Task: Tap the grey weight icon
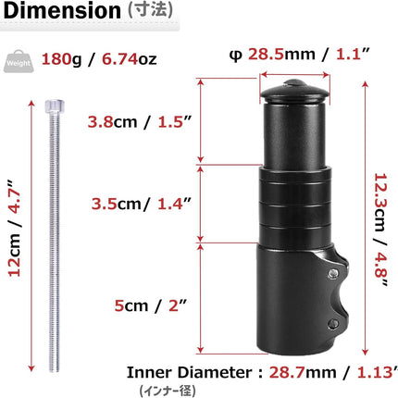(19, 58)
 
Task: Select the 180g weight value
(61, 58)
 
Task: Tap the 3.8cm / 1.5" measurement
(136, 121)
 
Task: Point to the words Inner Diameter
(186, 374)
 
